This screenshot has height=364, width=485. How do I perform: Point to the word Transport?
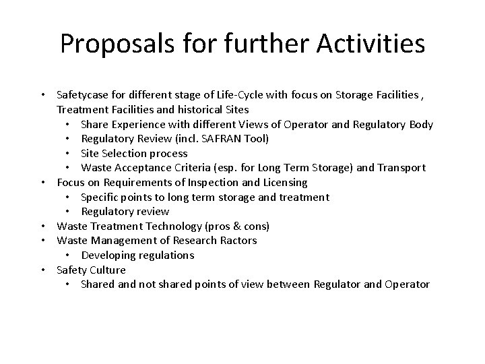[401, 168]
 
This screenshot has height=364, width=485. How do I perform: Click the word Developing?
[110, 255]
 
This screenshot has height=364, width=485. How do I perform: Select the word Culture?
[108, 270]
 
